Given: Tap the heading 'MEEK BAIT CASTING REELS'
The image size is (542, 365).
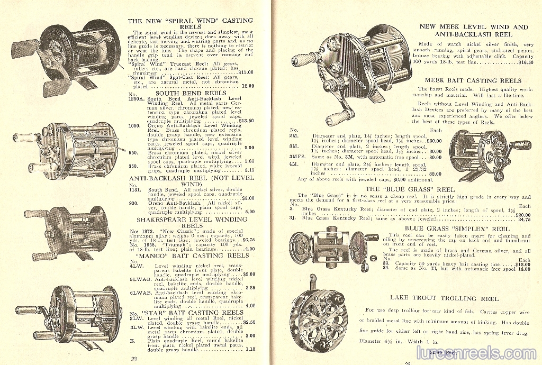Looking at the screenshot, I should pyautogui.click(x=472, y=81).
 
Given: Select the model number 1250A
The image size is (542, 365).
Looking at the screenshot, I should pyautogui.click(x=137, y=99).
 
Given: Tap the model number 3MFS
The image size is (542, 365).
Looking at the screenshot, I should pyautogui.click(x=297, y=157).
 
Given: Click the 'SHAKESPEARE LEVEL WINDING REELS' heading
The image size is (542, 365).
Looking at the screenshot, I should pyautogui.click(x=192, y=222).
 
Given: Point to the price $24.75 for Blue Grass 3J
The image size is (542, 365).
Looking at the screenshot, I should pyautogui.click(x=523, y=218).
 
